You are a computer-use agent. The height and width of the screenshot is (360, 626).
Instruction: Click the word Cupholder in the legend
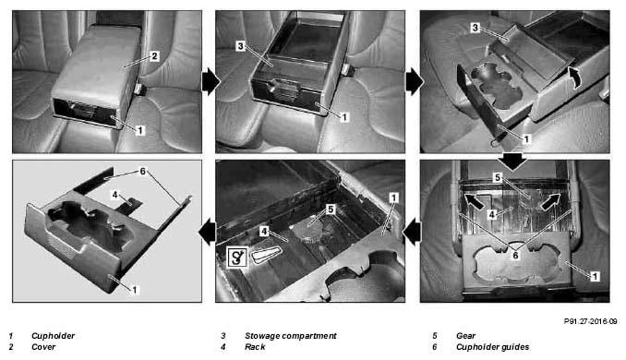click(x=53, y=336)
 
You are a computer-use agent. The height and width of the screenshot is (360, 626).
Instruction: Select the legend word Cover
click(x=43, y=347)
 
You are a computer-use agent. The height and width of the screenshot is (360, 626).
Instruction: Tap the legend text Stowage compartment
click(x=290, y=336)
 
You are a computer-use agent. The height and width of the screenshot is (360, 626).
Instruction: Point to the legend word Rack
click(x=255, y=347)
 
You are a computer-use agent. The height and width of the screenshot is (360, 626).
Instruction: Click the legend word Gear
click(x=465, y=336)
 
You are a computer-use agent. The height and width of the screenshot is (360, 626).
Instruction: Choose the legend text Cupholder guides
click(x=492, y=347)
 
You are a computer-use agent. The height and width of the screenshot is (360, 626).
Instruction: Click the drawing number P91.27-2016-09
click(x=590, y=321)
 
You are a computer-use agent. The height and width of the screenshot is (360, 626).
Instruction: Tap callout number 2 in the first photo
click(x=155, y=56)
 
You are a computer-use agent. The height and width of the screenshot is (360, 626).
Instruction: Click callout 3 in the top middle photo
click(x=240, y=46)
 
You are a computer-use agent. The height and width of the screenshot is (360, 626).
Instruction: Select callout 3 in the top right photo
click(x=475, y=28)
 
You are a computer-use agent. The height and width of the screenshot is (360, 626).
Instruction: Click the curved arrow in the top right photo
click(x=574, y=78)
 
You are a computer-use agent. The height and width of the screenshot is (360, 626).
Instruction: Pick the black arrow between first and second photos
click(x=211, y=82)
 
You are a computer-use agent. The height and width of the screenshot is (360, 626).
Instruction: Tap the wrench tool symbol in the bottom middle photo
click(x=237, y=258)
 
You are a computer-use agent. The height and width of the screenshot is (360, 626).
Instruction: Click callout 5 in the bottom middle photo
click(x=331, y=210)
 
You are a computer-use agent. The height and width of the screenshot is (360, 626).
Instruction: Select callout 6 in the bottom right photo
click(x=515, y=256)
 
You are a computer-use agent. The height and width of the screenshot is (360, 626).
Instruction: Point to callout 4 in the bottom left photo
click(x=115, y=195)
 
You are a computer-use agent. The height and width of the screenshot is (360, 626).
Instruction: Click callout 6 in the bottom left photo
click(x=142, y=171)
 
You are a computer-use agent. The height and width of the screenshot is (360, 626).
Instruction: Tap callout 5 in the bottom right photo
click(x=497, y=177)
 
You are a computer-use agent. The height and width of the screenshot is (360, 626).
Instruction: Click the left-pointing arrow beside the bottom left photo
click(x=207, y=233)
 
